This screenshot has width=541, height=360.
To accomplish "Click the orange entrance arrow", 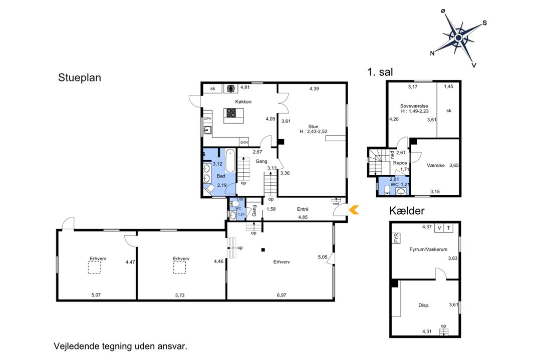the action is [354, 210].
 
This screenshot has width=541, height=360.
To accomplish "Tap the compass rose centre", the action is [458, 38].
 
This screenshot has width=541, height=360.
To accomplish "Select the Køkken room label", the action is [243, 102].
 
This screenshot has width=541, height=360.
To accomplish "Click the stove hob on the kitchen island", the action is [231, 113].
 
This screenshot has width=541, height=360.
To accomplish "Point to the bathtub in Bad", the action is [230, 161].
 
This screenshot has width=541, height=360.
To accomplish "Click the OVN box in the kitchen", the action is [244, 142].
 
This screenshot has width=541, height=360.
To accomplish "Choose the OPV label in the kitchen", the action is [207, 119].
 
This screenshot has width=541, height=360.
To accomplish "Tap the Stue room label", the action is [313, 127].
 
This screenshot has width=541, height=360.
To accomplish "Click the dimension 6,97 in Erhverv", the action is [282, 295].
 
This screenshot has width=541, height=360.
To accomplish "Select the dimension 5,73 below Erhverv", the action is [180, 295].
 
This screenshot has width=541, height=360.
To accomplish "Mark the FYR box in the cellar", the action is [396, 238].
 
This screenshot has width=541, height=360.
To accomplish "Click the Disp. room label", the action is [424, 305].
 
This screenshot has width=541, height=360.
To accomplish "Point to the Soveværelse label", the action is [414, 106].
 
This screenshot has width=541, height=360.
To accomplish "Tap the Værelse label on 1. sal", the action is [435, 166].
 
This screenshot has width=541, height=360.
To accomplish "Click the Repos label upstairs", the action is [400, 163].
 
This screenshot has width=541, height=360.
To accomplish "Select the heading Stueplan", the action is [79, 78].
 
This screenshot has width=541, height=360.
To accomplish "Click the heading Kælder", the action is [407, 211].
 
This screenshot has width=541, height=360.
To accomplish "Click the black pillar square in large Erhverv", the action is [263, 250].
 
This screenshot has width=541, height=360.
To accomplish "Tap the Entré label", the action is [303, 209].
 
